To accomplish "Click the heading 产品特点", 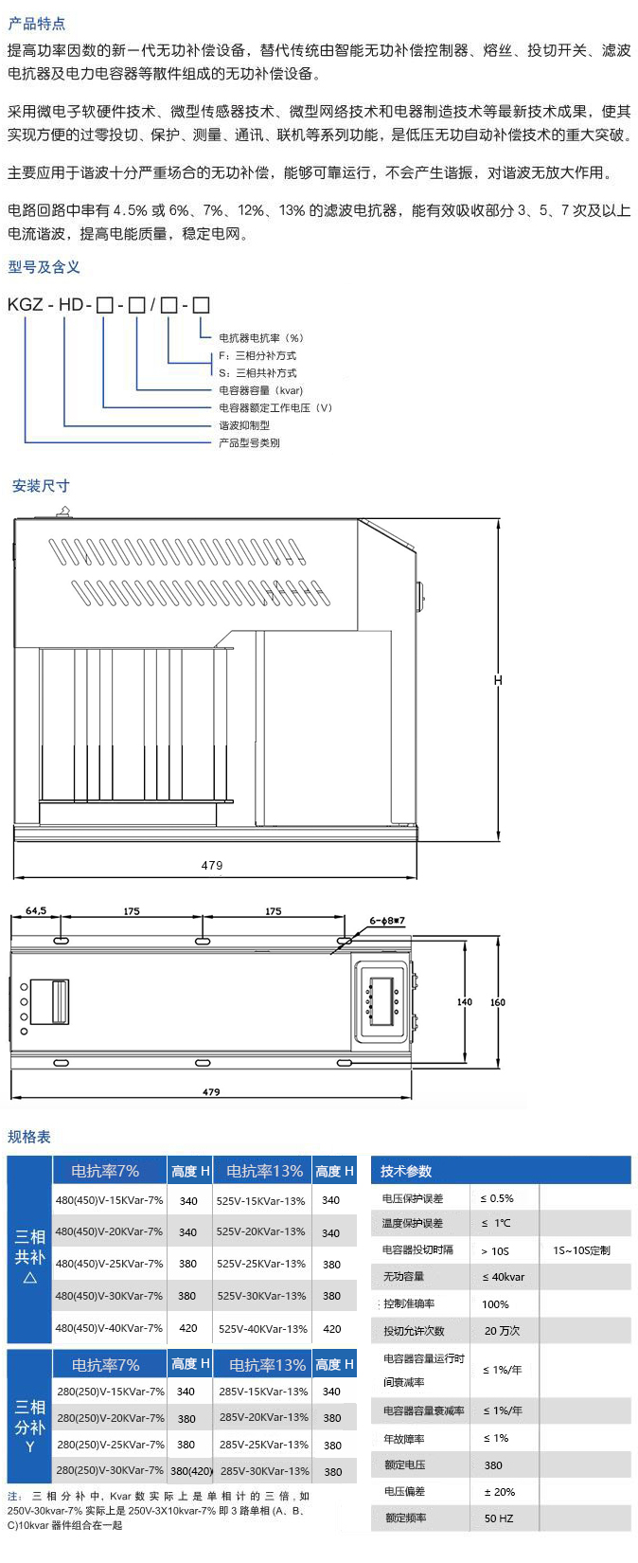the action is [36, 24].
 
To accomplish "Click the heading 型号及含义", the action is [44, 266].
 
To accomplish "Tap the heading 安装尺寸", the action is [41, 486].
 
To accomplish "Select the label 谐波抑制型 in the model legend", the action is [244, 425].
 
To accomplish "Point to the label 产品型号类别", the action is [249, 442].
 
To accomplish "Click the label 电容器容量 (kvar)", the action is [260, 390].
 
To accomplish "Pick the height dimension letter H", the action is [498, 679].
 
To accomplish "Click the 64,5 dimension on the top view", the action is [36, 910].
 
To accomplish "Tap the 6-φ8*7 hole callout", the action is [387, 921].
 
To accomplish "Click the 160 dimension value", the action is [497, 1002].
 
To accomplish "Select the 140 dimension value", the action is [465, 1002].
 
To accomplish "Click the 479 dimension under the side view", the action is [212, 865].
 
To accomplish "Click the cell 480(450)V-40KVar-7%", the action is [109, 1328].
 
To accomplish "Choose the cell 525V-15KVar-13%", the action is [260, 1201].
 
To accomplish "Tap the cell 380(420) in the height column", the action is [191, 1470].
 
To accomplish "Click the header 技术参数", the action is [406, 1171].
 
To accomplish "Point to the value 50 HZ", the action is [499, 1518].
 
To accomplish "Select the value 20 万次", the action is [502, 1331].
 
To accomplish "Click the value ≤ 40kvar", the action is [504, 1277].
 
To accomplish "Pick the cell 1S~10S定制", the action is [581, 1250].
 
